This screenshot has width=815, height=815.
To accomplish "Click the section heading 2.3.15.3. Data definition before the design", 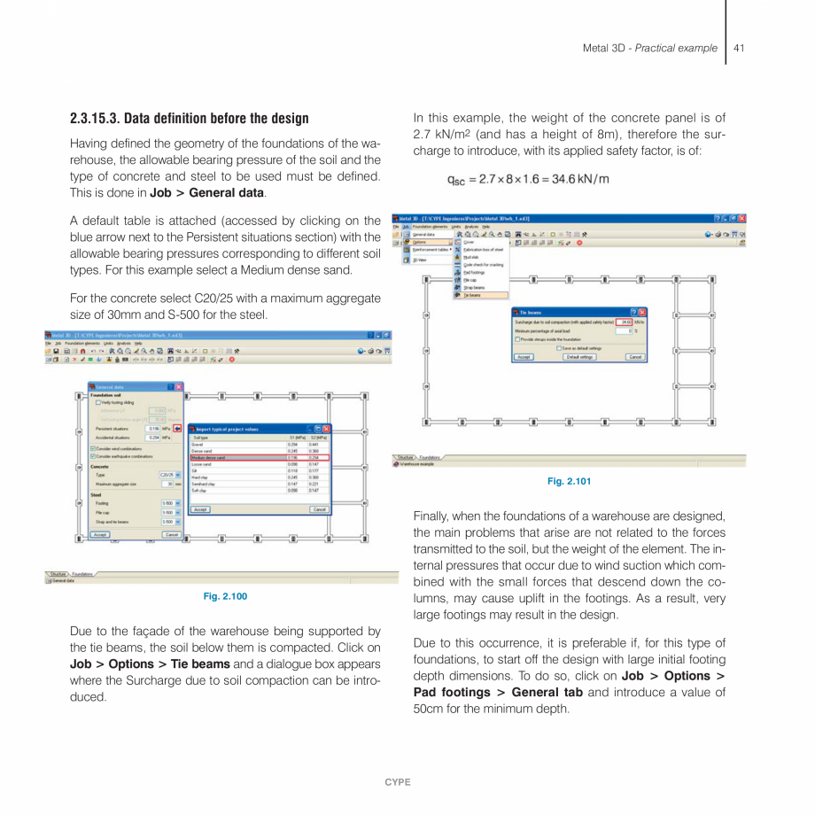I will [190, 119].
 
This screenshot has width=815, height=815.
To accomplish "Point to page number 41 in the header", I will [739, 48].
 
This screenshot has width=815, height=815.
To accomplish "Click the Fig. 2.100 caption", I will [225, 596].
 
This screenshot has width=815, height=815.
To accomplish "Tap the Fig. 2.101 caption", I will [569, 481].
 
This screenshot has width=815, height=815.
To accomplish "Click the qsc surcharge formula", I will [528, 179].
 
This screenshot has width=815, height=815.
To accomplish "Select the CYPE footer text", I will [398, 782].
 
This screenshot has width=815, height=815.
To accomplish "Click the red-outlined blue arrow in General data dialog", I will [177, 429].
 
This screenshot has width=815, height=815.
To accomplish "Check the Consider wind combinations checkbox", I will [93, 449].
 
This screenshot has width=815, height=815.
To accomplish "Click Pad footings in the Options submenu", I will [474, 273].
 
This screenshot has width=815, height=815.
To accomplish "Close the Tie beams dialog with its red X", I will [642, 313].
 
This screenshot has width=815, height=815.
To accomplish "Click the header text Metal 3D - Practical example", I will [649, 48].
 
